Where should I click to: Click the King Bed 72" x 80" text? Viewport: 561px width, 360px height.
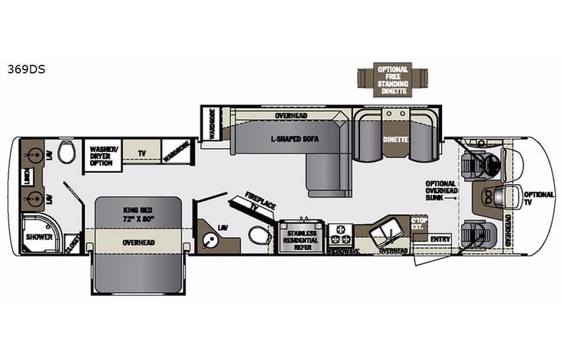point(138,213)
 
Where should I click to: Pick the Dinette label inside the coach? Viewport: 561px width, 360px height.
point(394,139)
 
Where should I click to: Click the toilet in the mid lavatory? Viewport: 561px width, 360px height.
point(259,236)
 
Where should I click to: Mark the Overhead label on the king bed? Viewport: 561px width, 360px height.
point(139,243)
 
